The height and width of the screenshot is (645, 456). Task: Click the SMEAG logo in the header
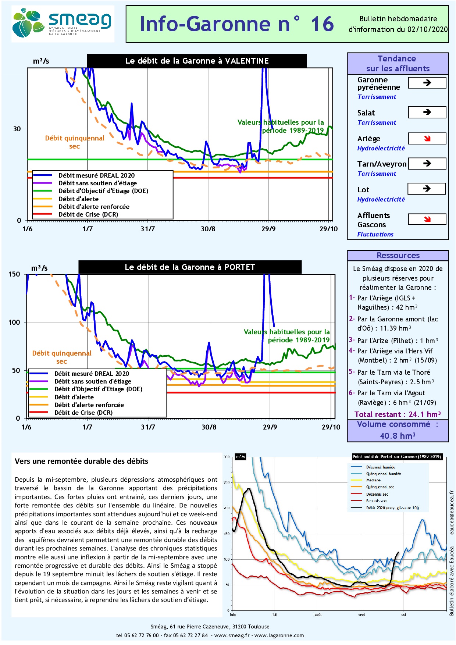(x=63, y=24)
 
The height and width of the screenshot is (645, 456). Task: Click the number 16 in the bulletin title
(x=322, y=24)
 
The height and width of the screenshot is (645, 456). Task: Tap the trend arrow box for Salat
(x=427, y=112)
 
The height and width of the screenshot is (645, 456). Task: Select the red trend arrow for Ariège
(x=427, y=139)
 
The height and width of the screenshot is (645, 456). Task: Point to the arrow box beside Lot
(x=427, y=189)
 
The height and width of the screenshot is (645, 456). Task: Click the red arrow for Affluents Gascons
(x=427, y=220)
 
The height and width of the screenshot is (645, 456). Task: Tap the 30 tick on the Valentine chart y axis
(x=17, y=129)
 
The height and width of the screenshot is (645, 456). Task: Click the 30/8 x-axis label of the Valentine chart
(x=208, y=229)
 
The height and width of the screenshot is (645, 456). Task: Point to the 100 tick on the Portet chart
(x=14, y=322)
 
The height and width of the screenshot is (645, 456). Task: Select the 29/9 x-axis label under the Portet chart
(x=270, y=427)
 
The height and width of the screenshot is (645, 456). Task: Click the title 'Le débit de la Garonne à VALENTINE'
(x=197, y=61)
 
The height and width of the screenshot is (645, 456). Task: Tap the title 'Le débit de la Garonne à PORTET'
(x=190, y=267)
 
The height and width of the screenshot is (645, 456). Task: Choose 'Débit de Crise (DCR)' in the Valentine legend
(x=88, y=214)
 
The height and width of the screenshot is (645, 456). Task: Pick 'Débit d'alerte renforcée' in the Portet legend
(x=89, y=405)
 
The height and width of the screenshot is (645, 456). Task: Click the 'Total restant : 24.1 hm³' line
(x=398, y=414)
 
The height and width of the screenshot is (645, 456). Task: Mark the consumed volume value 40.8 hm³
(x=398, y=436)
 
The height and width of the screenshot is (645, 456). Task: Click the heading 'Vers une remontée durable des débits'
(x=81, y=462)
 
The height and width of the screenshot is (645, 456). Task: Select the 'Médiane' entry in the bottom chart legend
(x=373, y=480)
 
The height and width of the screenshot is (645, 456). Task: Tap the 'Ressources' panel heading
(x=398, y=256)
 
